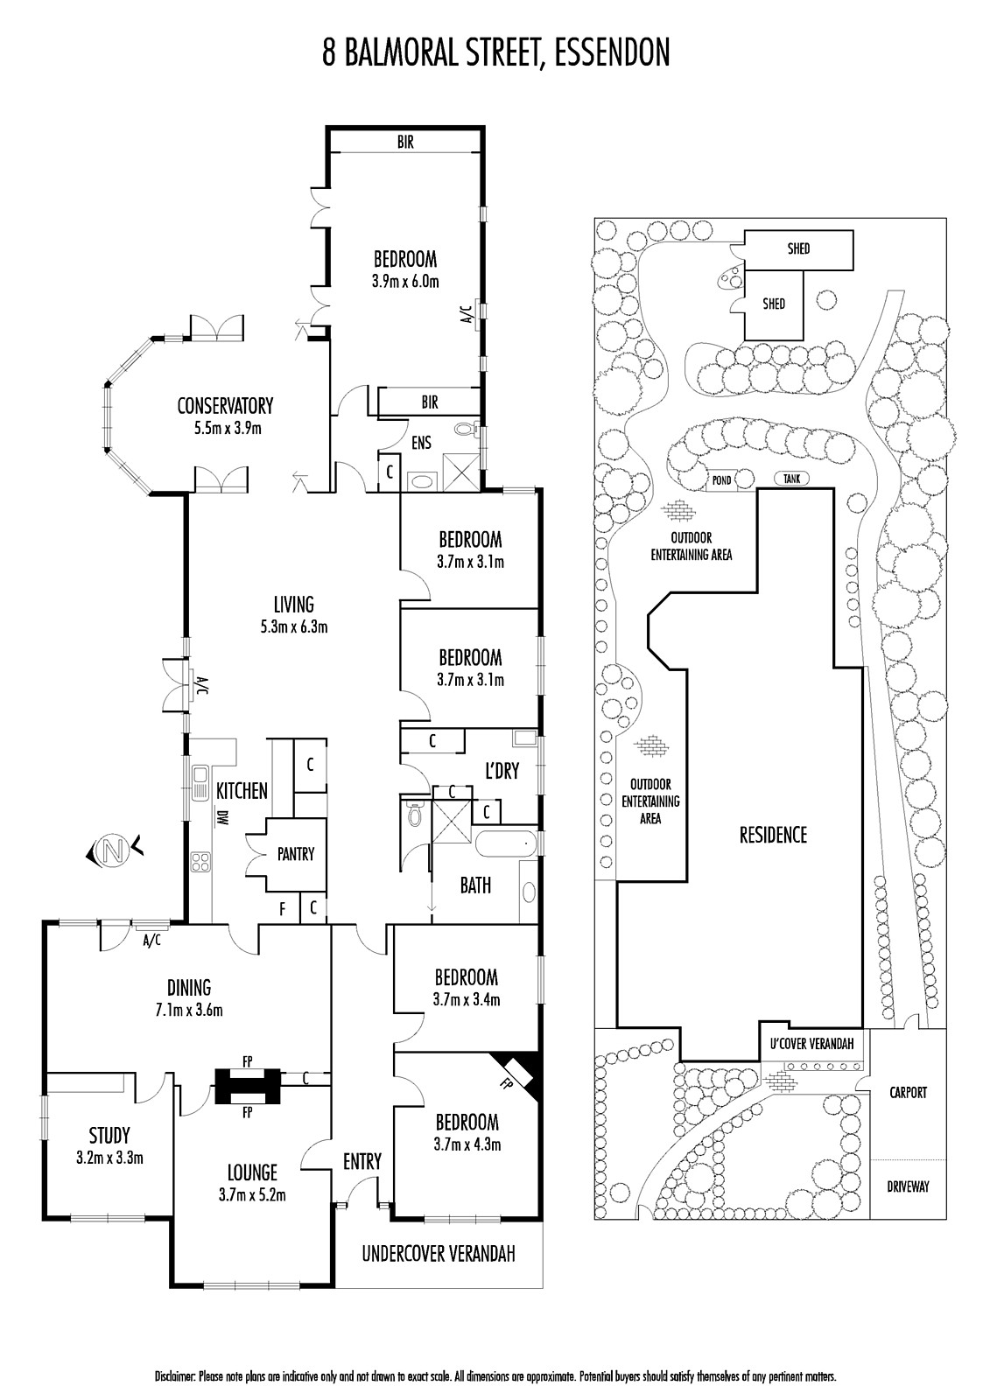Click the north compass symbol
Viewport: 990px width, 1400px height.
pyautogui.click(x=111, y=850)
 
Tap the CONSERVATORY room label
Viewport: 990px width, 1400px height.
pyautogui.click(x=225, y=406)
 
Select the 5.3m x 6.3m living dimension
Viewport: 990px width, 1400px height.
pyautogui.click(x=293, y=626)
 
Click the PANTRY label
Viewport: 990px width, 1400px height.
pyautogui.click(x=295, y=854)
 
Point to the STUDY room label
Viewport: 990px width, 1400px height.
pyautogui.click(x=109, y=1135)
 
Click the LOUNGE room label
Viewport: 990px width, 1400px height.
pyautogui.click(x=252, y=1172)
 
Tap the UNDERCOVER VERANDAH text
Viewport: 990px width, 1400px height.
pyautogui.click(x=439, y=1254)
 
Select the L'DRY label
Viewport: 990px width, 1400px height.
pyautogui.click(x=502, y=771)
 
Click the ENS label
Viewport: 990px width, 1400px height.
pyautogui.click(x=422, y=443)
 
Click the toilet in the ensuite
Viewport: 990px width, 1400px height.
pyautogui.click(x=466, y=430)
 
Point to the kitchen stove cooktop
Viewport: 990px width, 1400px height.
pyautogui.click(x=200, y=861)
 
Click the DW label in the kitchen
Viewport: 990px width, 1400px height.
pyautogui.click(x=222, y=819)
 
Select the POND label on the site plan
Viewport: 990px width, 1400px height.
pyautogui.click(x=720, y=479)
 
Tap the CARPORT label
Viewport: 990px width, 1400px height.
pyautogui.click(x=908, y=1093)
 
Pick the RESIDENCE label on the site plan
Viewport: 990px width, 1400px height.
pyautogui.click(x=773, y=835)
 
